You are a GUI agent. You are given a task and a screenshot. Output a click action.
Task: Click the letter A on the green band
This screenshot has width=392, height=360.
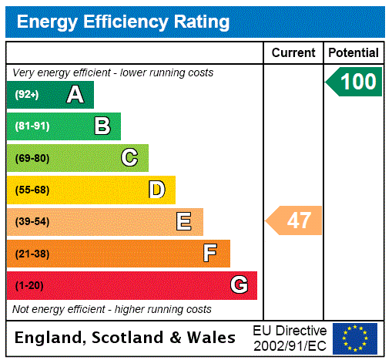pos(75,95)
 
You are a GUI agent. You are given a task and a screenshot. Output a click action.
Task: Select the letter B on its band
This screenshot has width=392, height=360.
pos(102,126)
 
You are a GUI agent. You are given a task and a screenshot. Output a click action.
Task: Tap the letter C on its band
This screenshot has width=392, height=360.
pos(129,158)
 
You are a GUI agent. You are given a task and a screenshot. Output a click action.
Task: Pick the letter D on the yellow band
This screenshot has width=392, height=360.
pos(156,190)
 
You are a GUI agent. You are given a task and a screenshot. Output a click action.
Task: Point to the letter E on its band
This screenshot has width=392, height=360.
pos(184,222)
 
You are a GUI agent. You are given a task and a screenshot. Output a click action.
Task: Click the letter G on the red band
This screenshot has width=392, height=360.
pos(239,285)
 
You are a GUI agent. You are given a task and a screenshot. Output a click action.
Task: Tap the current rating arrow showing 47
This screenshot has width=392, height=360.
pos(295,221)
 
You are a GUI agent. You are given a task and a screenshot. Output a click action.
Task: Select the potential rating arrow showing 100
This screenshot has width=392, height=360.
pos(355,82)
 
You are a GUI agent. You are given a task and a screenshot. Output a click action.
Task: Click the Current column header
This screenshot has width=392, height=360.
pos(293,53)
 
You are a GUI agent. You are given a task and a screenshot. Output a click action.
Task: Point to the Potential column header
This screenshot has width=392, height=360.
pos(353,53)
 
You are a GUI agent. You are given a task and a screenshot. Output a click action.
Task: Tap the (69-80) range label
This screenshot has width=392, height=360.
pos(32,158)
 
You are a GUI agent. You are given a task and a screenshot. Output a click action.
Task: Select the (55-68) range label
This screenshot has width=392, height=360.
pos(32,190)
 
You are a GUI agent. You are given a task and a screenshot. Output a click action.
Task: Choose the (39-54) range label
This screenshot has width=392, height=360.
pos(32,222)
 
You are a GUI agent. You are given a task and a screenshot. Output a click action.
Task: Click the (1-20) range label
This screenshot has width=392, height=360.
pos(29,285)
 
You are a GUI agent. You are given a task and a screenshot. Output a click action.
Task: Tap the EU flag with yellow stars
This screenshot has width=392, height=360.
pos(355,338)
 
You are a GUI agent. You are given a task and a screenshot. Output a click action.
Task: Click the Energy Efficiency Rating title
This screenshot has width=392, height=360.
pos(123,22)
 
